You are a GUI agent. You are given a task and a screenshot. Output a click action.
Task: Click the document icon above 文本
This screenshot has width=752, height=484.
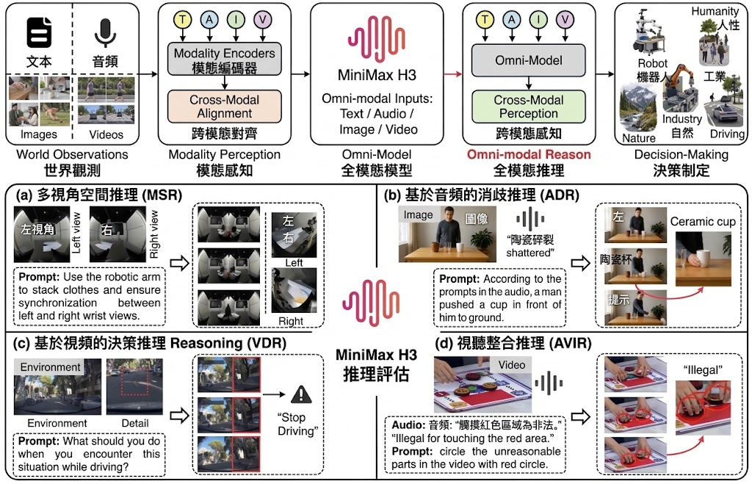click(x=39, y=32)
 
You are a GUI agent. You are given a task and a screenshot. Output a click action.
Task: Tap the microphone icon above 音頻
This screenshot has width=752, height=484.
click(x=105, y=34)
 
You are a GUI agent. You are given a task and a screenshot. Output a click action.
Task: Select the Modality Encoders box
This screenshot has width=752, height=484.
click(x=225, y=59)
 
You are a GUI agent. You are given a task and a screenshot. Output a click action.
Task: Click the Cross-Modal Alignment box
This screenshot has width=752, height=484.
click(x=225, y=106)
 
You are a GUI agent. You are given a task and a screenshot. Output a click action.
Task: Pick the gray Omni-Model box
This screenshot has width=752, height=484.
click(x=529, y=60)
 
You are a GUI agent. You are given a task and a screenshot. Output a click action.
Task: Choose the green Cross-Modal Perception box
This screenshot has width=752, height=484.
click(x=529, y=106)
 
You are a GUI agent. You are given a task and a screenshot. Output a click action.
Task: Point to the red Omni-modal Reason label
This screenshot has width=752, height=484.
click(x=529, y=154)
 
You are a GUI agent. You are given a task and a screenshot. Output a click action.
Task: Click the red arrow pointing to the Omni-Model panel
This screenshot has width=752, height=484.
click(x=452, y=74)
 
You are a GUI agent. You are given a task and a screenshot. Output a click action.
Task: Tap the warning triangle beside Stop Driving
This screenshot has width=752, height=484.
click(x=301, y=394)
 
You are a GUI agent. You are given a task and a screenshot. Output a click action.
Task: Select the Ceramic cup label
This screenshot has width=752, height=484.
click(x=703, y=222)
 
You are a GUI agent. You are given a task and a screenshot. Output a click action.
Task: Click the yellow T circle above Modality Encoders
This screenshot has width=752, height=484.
click(x=183, y=20)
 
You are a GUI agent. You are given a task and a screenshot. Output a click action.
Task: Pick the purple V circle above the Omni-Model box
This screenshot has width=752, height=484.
click(x=565, y=20)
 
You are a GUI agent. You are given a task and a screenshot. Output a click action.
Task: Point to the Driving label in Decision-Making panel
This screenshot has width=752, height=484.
click(x=727, y=134)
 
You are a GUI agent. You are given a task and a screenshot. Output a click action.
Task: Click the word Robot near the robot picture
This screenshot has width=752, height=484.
click(x=652, y=63)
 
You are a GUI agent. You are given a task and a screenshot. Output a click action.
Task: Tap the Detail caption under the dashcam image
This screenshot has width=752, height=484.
click(x=135, y=423)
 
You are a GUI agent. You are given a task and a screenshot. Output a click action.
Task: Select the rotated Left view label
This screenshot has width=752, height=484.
click(x=76, y=233)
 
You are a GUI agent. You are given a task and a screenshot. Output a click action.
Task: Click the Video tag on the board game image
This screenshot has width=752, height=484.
click(x=512, y=365)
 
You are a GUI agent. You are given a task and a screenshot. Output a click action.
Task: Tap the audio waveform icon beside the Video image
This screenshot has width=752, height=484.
click(x=549, y=383)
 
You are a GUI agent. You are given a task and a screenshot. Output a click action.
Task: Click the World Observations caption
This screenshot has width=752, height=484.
click(x=72, y=154)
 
